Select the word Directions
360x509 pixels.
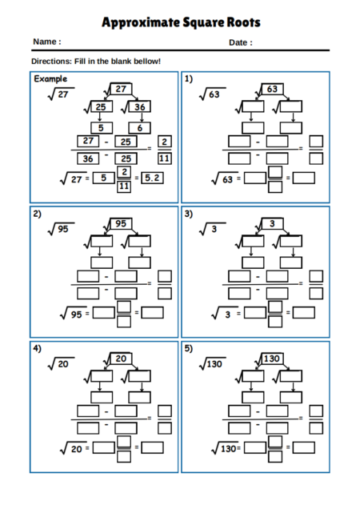coord(51,62)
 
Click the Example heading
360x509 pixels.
coord(50,79)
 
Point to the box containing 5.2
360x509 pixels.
coord(152,178)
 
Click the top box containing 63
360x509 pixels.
coord(272,89)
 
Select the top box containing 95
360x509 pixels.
coord(121,223)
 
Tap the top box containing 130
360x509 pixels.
coord(272,359)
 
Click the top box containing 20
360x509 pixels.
coord(121,359)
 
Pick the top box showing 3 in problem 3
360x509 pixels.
coord(272,223)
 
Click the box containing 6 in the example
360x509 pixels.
coord(139,128)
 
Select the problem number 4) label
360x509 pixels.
coord(37,349)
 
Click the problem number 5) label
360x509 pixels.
coord(189,349)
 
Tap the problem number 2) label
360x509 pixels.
coord(37,214)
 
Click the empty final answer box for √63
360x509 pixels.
coord(303,178)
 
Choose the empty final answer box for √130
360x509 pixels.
coord(303,447)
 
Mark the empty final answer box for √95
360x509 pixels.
coord(152,313)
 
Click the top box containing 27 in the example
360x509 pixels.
coord(121,89)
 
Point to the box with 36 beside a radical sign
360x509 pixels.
coord(139,106)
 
